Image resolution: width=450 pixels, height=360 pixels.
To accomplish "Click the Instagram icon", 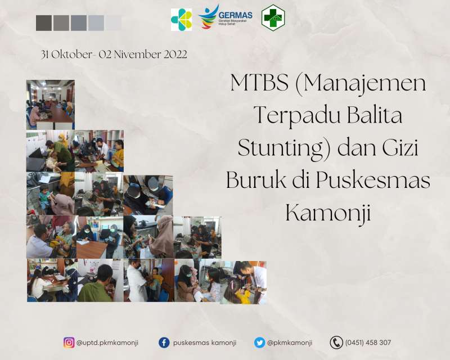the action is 69,343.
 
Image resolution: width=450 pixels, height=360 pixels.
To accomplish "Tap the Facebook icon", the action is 164,343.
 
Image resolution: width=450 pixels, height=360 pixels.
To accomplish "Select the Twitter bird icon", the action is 259,343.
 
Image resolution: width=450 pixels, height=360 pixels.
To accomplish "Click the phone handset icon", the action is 336,343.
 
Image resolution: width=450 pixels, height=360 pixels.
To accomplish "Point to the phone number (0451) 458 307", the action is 368,343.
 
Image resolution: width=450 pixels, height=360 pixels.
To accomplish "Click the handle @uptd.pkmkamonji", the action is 107,343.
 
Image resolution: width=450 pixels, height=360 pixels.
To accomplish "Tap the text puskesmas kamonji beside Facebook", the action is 205,343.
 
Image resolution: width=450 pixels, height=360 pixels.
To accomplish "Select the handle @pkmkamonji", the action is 290,343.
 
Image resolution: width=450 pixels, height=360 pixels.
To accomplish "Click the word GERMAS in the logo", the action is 235,15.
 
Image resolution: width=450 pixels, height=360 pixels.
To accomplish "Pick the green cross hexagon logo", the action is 273,17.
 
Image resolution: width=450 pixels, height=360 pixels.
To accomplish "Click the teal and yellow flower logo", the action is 181,20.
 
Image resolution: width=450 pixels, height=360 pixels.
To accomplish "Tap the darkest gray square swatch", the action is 44,23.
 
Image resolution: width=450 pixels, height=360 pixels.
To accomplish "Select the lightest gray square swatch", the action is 114,23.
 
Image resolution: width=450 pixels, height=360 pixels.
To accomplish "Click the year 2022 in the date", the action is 175,54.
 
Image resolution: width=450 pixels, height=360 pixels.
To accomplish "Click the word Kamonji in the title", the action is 328,214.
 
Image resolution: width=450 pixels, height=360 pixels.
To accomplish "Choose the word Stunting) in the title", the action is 285,148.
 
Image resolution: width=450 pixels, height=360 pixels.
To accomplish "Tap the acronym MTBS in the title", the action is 259,83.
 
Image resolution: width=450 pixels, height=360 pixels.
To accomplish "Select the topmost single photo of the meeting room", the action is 51,105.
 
